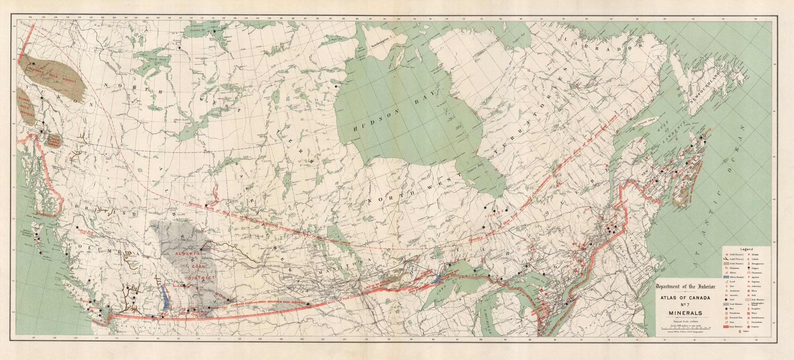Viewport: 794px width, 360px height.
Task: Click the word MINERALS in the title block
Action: pyautogui.click(x=684, y=312)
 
